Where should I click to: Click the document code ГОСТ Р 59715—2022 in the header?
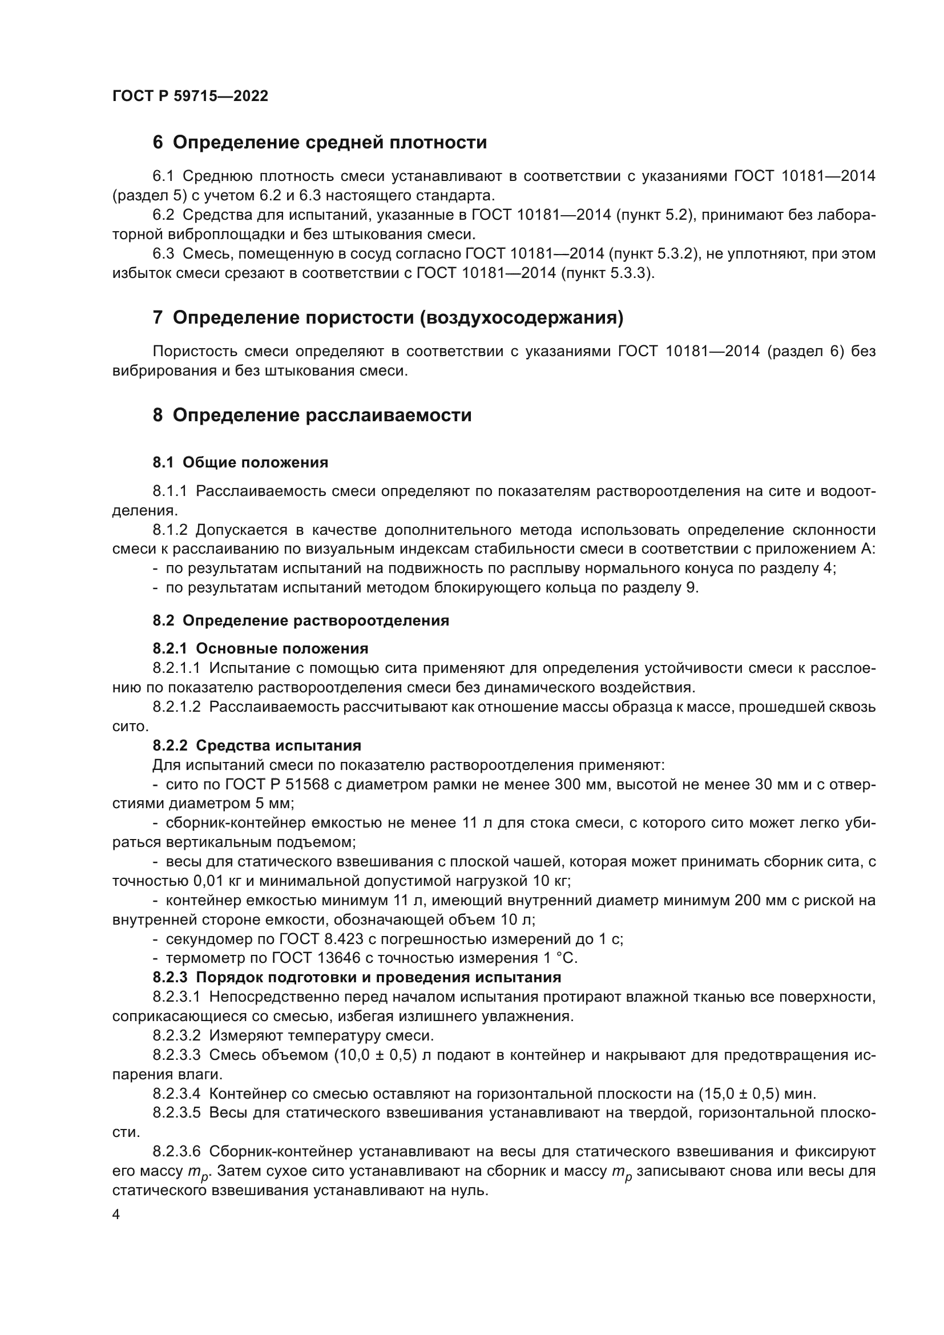[190, 96]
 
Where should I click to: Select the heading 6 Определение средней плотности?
[319, 143]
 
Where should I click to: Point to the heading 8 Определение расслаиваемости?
[312, 415]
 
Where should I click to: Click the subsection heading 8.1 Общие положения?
[240, 462]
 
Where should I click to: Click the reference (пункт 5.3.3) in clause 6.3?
[607, 273]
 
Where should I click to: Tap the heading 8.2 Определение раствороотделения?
[301, 620]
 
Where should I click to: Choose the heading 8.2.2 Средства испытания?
[256, 745]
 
